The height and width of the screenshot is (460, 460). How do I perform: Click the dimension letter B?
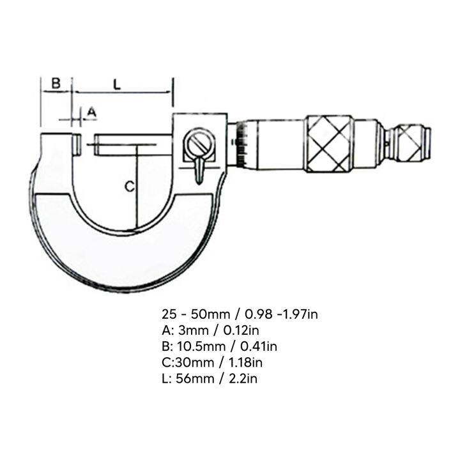point(56,83)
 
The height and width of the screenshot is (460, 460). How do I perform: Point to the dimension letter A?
point(91,112)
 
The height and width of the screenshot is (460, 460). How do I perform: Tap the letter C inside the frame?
point(128,187)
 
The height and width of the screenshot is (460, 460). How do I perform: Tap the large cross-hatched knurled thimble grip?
point(328,144)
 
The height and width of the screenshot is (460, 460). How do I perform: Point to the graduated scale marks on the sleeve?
point(241,146)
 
